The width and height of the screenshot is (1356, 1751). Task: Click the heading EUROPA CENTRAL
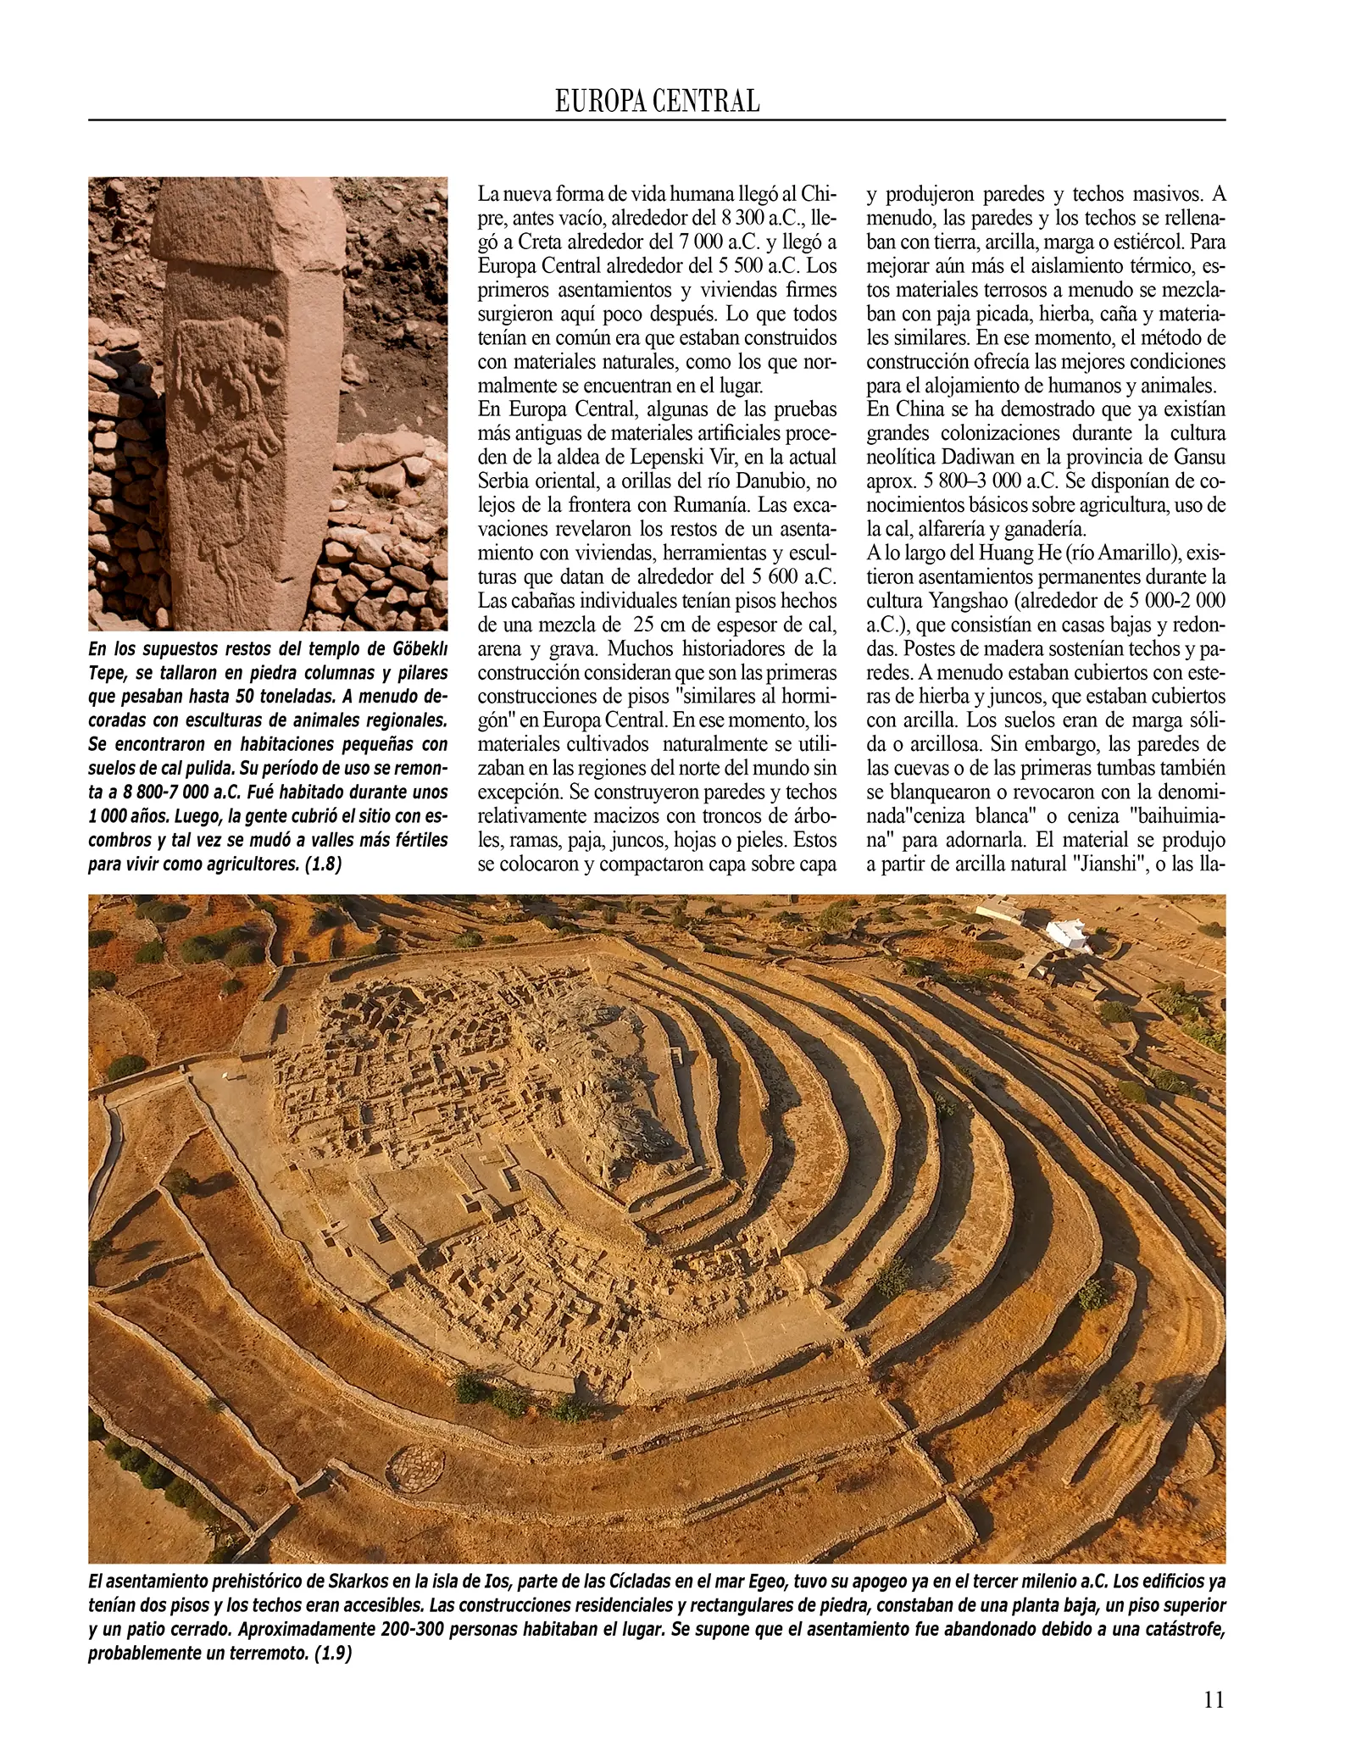coord(657,102)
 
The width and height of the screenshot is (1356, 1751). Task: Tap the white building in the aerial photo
coord(1069,935)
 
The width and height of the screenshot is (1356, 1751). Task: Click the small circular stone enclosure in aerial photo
coord(414,1461)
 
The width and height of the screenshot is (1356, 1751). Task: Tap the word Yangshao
coord(981,600)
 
